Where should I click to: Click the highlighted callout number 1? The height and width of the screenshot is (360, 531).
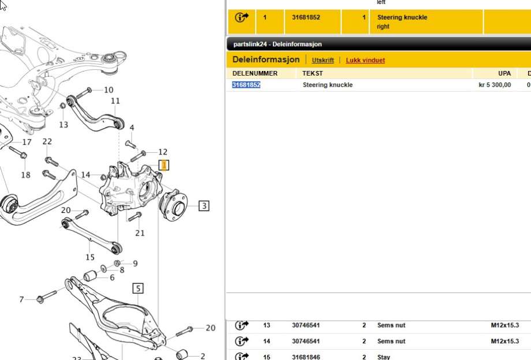point(164,166)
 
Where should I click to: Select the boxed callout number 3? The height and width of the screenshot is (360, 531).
point(204,206)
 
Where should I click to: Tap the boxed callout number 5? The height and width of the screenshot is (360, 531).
point(138,288)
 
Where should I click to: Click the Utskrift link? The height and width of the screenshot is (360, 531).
point(323,60)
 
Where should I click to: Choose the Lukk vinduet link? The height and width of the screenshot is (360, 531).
point(365,60)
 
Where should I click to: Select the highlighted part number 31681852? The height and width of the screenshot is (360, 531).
point(246,85)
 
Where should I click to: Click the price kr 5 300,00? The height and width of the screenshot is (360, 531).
point(495,85)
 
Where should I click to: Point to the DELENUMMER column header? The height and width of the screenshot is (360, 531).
point(255,73)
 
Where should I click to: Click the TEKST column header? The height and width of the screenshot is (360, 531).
point(313,73)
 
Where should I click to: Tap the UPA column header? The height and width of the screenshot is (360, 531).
point(504,73)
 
